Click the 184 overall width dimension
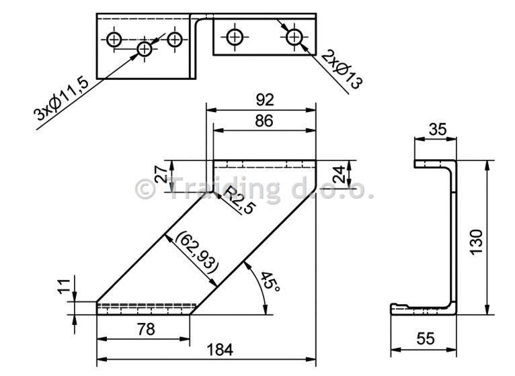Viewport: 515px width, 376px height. click(x=220, y=350)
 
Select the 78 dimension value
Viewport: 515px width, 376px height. click(x=146, y=329)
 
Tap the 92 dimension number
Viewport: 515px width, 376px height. click(x=265, y=100)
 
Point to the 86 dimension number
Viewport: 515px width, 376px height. click(x=264, y=121)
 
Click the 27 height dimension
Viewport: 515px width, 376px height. click(x=161, y=174)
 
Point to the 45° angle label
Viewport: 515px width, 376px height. click(x=270, y=281)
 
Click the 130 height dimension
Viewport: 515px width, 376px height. click(x=476, y=242)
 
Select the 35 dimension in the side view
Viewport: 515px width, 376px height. click(x=438, y=130)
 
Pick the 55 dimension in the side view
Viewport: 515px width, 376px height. click(x=426, y=338)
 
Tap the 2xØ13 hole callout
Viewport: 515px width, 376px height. click(x=342, y=70)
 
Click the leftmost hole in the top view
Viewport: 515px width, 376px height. click(x=114, y=40)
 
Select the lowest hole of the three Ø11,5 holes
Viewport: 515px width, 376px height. click(x=144, y=50)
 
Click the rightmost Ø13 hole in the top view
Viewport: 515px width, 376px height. click(x=294, y=37)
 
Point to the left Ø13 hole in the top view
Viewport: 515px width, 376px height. click(x=235, y=37)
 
